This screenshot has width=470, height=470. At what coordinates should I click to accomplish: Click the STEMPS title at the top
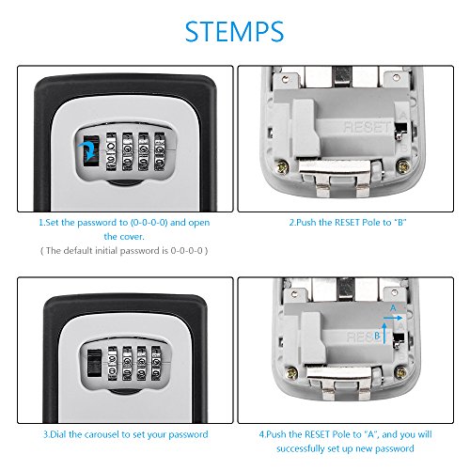[234, 31]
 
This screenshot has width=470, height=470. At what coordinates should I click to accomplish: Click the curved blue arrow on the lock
[89, 149]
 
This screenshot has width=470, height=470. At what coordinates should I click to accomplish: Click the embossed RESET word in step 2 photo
[368, 127]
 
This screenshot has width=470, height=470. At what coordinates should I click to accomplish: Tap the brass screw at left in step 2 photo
[282, 167]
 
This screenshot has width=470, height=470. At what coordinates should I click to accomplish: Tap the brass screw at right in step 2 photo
[402, 166]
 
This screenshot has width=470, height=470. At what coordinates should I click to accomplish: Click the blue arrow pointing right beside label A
[393, 318]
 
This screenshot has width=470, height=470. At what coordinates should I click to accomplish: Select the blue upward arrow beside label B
[384, 334]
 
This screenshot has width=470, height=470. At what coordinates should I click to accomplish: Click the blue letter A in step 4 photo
[393, 308]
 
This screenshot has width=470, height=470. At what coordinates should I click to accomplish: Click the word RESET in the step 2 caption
[347, 223]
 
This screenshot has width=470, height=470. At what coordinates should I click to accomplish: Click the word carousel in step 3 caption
[102, 434]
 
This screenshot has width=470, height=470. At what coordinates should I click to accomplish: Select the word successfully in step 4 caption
[301, 448]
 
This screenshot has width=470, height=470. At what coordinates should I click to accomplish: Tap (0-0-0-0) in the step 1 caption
[149, 223]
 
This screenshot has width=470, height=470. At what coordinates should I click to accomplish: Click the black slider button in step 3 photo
[94, 363]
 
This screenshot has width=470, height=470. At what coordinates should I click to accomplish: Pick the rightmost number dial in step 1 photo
[160, 152]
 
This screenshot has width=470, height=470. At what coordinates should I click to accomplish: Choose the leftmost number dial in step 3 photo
[113, 364]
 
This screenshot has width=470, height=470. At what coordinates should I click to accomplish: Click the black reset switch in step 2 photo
[400, 130]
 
